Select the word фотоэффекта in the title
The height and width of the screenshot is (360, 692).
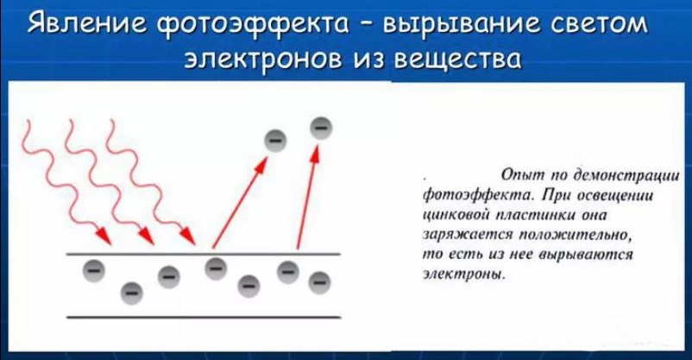253,25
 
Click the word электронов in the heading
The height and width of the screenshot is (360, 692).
262,60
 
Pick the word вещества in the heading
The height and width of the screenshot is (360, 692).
457,60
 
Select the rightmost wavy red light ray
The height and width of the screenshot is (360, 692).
149,181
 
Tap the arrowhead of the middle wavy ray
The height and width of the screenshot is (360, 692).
147,236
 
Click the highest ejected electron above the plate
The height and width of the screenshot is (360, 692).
321,128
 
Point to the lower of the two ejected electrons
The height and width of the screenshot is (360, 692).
275,141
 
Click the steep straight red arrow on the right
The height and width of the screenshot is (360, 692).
307,197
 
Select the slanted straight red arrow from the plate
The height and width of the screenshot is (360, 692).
241,202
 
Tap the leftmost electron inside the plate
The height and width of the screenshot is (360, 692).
94,270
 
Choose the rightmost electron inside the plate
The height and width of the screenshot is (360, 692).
319,282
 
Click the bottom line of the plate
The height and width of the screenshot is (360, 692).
204,317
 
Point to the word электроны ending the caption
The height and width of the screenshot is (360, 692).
464,275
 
